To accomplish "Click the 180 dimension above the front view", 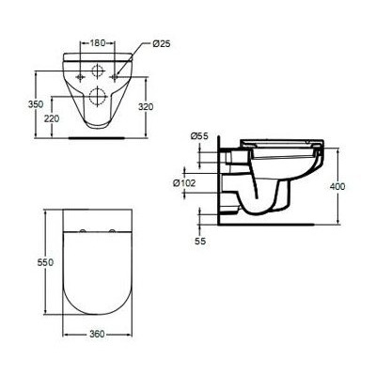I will point(98,42).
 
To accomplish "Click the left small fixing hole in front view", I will point(77,71).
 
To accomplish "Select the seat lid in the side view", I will point(281,144).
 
